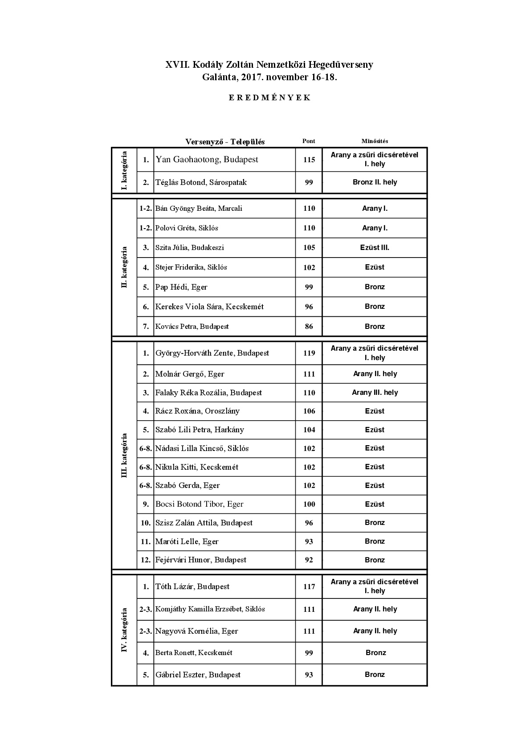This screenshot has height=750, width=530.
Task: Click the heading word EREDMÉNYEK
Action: (269, 98)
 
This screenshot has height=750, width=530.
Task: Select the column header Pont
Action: (309, 141)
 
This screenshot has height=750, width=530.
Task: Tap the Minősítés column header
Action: (375, 141)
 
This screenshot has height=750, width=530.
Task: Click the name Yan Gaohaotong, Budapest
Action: (207, 160)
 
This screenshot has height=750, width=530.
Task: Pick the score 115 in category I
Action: (309, 160)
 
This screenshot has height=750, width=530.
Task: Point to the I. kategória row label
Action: (124, 171)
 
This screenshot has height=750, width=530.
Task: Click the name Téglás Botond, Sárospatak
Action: (201, 182)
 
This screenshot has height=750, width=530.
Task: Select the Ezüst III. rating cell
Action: (375, 247)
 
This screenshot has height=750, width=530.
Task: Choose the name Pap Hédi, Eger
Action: (181, 287)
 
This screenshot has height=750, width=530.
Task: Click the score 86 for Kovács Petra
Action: (309, 326)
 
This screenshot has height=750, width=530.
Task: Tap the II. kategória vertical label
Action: (124, 267)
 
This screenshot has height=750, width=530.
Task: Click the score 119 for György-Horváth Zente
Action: (309, 353)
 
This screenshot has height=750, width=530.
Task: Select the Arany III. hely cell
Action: (375, 393)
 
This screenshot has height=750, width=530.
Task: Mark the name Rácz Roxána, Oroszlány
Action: (197, 411)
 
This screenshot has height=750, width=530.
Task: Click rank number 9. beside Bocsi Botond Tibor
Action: (146, 504)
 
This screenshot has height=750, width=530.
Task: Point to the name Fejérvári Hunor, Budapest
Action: (200, 560)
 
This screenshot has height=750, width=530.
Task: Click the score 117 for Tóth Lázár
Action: (309, 586)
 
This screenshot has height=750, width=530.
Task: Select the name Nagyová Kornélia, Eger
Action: (196, 631)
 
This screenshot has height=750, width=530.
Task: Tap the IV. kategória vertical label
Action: (124, 630)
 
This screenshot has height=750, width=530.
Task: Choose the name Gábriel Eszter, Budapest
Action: (198, 675)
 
